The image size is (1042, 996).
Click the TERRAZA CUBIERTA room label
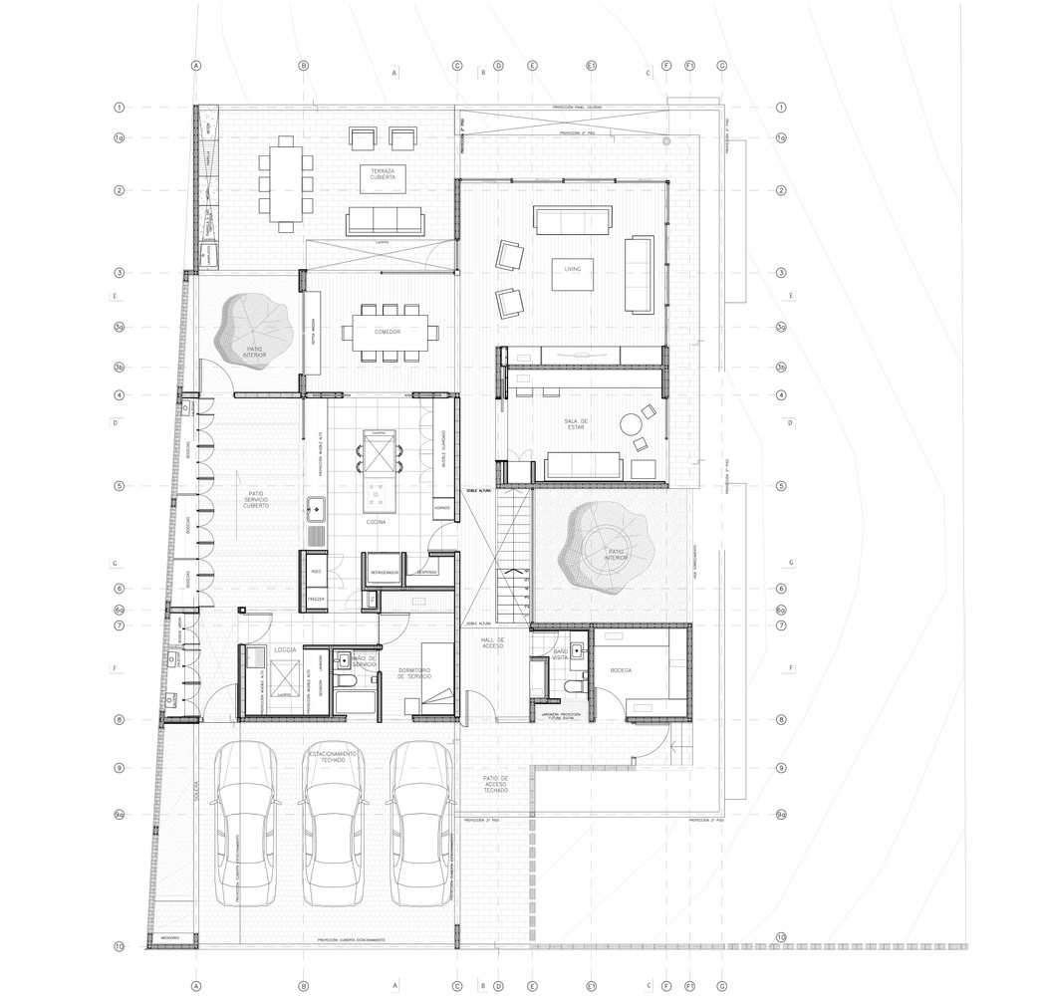[383, 176]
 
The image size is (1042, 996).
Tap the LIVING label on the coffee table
[572, 269]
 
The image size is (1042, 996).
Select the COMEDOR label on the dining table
[388, 331]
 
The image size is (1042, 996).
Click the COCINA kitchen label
[376, 521]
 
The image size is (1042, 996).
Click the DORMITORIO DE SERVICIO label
[412, 673]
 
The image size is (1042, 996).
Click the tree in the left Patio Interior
[250, 328]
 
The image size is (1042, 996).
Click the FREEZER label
[315, 599]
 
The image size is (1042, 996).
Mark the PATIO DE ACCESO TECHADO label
[495, 787]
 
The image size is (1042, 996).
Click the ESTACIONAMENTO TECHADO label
[333, 757]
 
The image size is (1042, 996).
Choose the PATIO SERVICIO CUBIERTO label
[255, 499]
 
